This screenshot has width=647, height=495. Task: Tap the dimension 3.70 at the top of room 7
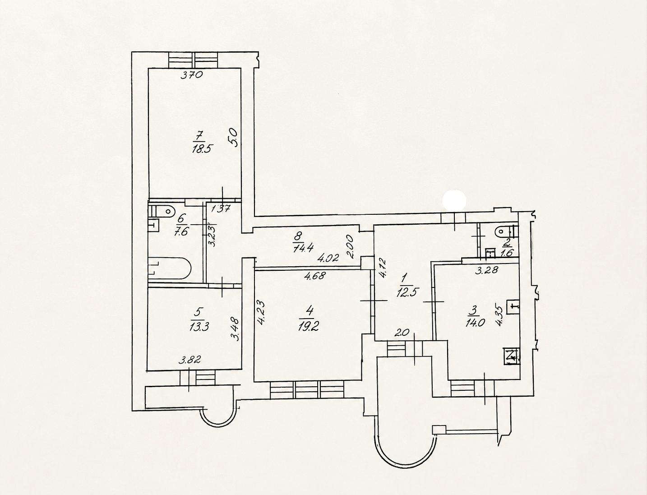tap(192, 75)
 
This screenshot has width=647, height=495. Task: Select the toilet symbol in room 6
tap(166, 211)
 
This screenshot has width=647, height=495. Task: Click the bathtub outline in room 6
tap(169, 268)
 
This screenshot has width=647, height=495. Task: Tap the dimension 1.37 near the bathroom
tap(221, 209)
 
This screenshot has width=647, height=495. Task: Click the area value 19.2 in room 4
tap(308, 327)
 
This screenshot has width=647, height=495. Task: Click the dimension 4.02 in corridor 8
tap(328, 258)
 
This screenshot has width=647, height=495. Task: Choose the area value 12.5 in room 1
tap(408, 294)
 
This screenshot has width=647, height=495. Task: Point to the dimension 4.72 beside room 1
tap(382, 268)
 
